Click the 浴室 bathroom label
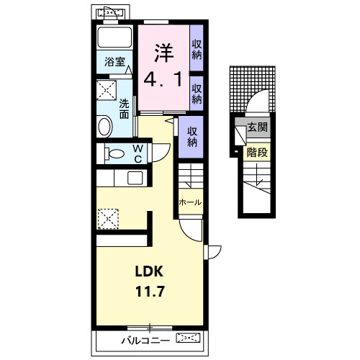tap(114, 62)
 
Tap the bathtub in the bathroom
tap(114, 37)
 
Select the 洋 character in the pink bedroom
tap(163, 53)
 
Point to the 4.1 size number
tap(163, 80)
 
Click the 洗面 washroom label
tap(125, 109)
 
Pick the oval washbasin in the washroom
tap(104, 127)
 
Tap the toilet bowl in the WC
tap(114, 153)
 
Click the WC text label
tap(138, 154)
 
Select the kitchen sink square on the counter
tap(135, 179)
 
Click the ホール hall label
tap(190, 202)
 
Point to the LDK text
tap(149, 271)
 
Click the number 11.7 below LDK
tap(150, 292)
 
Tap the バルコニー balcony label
tap(145, 341)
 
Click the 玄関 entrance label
tap(258, 127)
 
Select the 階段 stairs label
tap(257, 152)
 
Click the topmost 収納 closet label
tap(197, 50)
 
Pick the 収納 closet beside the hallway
tap(192, 137)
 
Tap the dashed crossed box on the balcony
tap(188, 338)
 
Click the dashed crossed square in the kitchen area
tap(108, 219)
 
